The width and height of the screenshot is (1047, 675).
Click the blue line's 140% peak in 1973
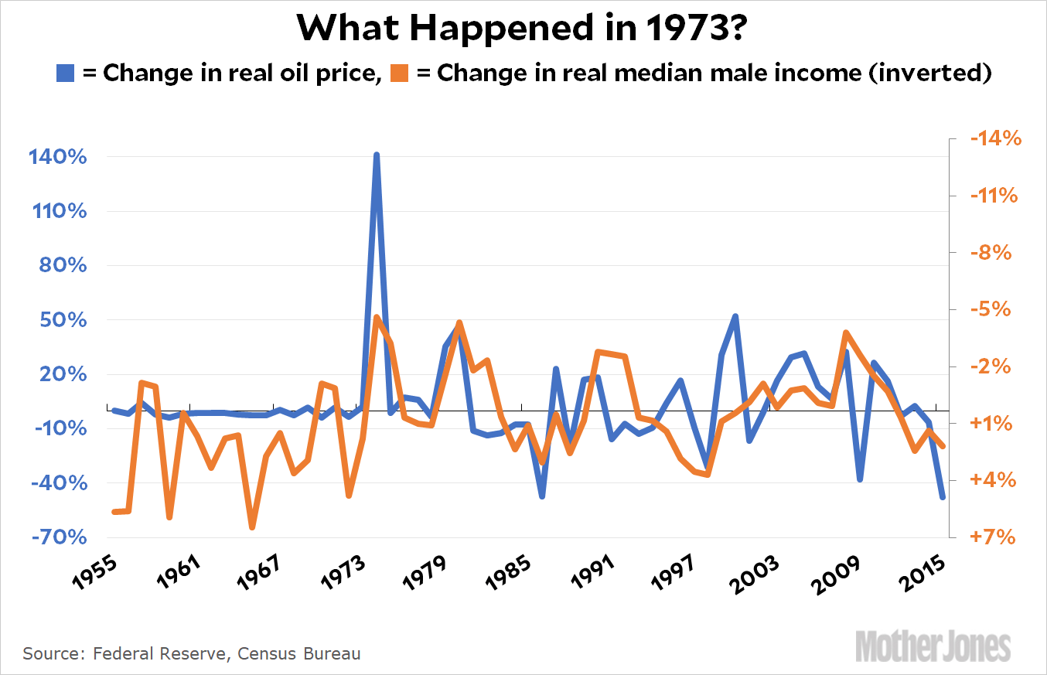click(376, 155)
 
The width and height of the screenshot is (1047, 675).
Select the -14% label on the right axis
click(984, 139)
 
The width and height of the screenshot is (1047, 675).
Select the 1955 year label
click(99, 573)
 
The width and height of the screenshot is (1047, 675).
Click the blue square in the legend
click(66, 73)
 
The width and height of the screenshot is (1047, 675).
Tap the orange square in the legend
click(400, 73)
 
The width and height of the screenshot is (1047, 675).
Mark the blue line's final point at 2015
click(943, 497)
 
